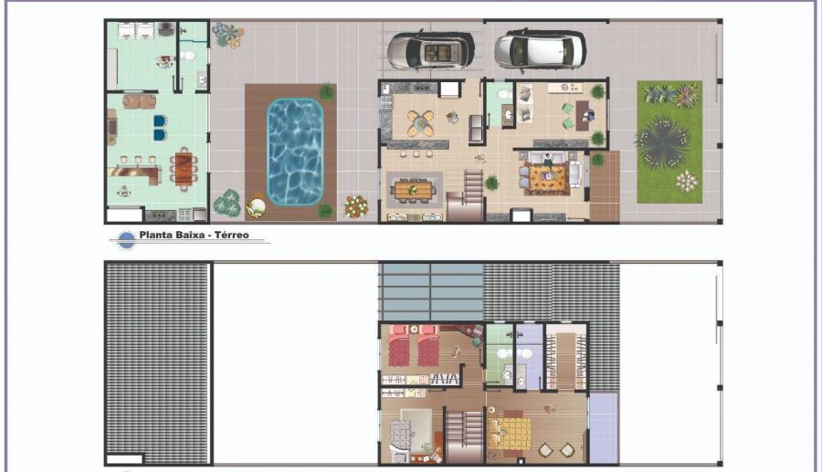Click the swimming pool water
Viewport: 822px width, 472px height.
(295, 152)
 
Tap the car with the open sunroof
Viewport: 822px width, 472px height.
(431, 50)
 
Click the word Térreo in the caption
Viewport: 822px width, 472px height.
(232, 236)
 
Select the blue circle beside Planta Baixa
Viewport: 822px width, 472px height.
(126, 240)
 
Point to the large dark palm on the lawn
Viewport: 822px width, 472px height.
(661, 142)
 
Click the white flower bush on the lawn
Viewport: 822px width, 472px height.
(686, 182)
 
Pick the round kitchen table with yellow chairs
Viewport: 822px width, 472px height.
(421, 123)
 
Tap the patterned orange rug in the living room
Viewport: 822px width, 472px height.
(548, 179)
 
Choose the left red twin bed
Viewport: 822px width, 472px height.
(398, 346)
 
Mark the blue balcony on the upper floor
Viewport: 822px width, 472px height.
(604, 428)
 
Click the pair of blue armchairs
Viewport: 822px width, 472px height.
(160, 128)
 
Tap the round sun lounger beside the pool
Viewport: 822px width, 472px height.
(257, 205)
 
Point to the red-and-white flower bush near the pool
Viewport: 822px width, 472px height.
(356, 206)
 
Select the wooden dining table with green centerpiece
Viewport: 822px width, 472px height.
(414, 190)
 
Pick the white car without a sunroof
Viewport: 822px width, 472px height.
(540, 50)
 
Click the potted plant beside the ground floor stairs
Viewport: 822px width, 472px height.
(491, 183)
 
